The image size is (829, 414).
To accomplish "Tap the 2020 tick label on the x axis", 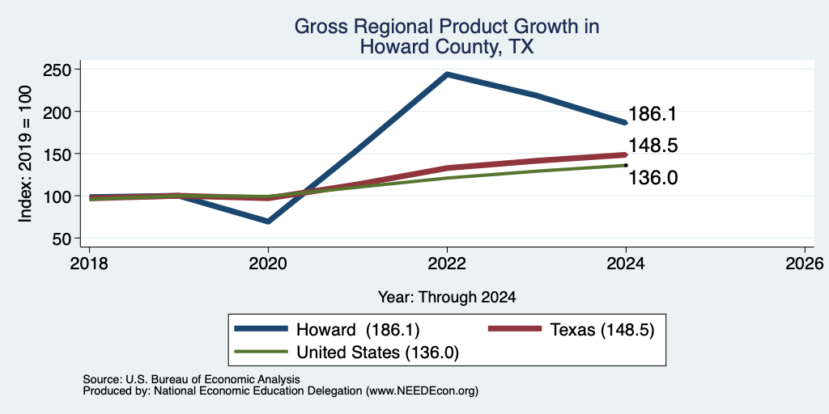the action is (x=269, y=263).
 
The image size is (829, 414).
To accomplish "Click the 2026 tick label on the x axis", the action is (x=806, y=263).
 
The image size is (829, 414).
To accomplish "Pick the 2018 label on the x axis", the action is (x=89, y=263).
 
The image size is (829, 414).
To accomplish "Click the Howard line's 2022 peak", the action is (x=447, y=74).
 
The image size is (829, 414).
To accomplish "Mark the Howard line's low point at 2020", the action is (x=269, y=222).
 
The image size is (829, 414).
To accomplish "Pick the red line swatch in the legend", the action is (x=514, y=330).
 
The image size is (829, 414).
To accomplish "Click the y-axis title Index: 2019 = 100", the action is (x=25, y=154).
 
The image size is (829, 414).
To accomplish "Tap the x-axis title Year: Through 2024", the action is (x=447, y=298).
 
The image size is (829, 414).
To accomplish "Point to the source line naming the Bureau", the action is (x=191, y=379).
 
